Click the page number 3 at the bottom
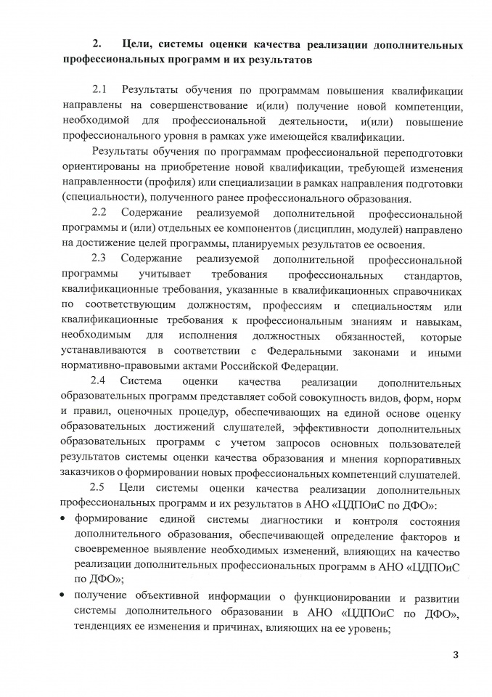coord(456,656)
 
